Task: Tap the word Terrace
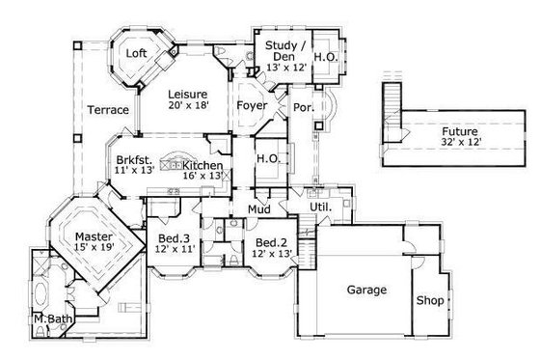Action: (x=108, y=110)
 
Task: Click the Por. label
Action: (x=301, y=106)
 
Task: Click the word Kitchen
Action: (x=204, y=166)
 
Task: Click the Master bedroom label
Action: (x=94, y=235)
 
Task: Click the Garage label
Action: (x=367, y=290)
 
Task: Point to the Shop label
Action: (x=430, y=300)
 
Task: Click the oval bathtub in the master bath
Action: (x=41, y=291)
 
